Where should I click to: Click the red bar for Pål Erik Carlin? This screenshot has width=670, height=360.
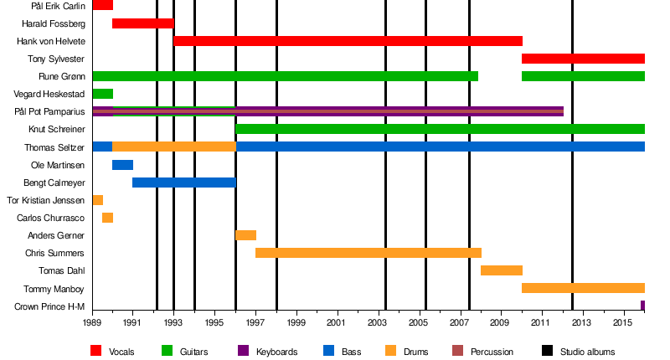pyautogui.click(x=102, y=5)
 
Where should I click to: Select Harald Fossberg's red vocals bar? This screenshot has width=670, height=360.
pyautogui.click(x=142, y=23)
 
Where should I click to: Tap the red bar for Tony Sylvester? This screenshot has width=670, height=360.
pyautogui.click(x=583, y=59)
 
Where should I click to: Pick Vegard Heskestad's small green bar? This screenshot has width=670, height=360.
pyautogui.click(x=102, y=94)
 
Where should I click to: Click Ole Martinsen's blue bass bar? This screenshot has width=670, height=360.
pyautogui.click(x=122, y=165)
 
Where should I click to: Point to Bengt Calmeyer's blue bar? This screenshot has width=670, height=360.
pyautogui.click(x=183, y=183)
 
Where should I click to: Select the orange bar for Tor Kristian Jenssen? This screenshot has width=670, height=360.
pyautogui.click(x=97, y=200)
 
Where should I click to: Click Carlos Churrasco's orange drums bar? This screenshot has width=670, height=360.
pyautogui.click(x=107, y=218)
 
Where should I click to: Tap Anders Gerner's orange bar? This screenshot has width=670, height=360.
pyautogui.click(x=245, y=235)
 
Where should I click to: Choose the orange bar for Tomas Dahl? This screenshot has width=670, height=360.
pyautogui.click(x=501, y=270)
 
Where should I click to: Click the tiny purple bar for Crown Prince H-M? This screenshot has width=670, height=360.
pyautogui.click(x=642, y=306)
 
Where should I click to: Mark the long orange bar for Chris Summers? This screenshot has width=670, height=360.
pyautogui.click(x=368, y=253)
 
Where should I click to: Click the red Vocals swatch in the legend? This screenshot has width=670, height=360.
pyautogui.click(x=96, y=352)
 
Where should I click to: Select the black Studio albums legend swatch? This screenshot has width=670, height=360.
pyautogui.click(x=548, y=352)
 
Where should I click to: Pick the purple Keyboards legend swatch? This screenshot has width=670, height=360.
pyautogui.click(x=244, y=352)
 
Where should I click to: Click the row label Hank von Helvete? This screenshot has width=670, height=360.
pyautogui.click(x=50, y=41)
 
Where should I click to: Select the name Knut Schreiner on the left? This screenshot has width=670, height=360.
pyautogui.click(x=56, y=130)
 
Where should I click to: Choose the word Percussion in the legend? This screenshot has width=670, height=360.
pyautogui.click(x=492, y=352)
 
